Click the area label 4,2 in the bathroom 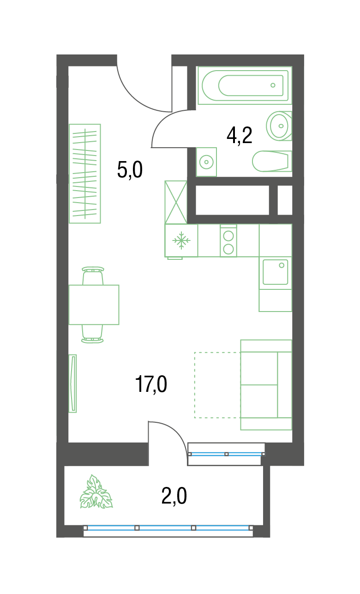[239, 136]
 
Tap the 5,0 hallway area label [130, 170]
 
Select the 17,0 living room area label [151, 384]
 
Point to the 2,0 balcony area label [174, 496]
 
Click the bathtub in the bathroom [245, 85]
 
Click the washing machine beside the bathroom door [206, 162]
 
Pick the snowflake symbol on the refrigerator [181, 240]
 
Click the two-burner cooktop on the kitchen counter [228, 241]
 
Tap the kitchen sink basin [276, 272]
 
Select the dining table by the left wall [94, 305]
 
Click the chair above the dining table [93, 276]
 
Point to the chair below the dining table [92, 334]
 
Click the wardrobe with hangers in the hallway [85, 174]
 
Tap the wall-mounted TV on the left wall [72, 384]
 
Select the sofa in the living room [266, 385]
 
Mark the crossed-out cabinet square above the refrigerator [176, 202]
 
